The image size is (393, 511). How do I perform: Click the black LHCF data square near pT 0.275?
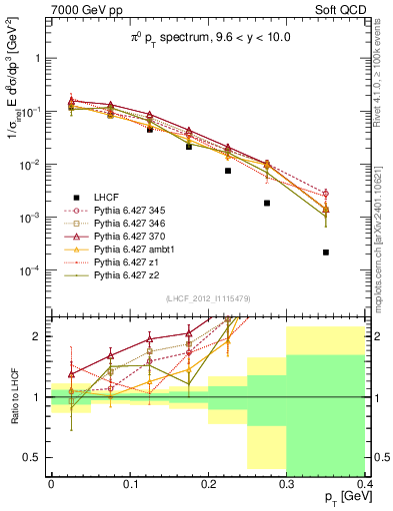[x=267, y=203]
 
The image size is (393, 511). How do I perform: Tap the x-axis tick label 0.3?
[x=287, y=483]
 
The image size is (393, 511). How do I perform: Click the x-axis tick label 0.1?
[x=129, y=483]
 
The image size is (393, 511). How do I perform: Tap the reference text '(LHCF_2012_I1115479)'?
[x=207, y=300]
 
